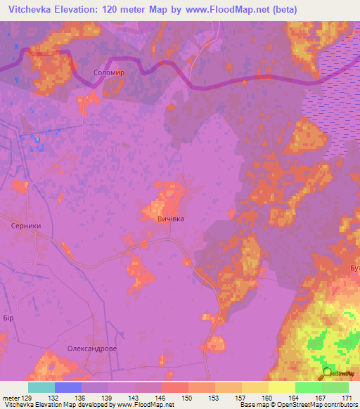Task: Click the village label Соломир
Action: click(x=108, y=72)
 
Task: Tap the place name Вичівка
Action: click(x=170, y=219)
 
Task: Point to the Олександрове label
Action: click(x=91, y=348)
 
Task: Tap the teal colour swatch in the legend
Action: click(x=41, y=387)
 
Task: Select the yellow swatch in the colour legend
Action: click(x=281, y=387)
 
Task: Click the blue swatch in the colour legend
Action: click(x=68, y=387)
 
